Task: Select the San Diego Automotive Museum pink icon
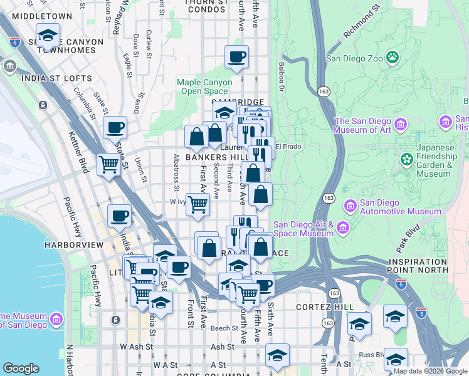(350, 205)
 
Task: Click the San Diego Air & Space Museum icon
(343, 226)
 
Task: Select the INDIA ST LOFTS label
(56, 79)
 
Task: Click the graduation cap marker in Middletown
(48, 36)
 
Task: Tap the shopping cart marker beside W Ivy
(198, 204)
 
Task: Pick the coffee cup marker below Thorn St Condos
(237, 58)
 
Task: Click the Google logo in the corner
(21, 368)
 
